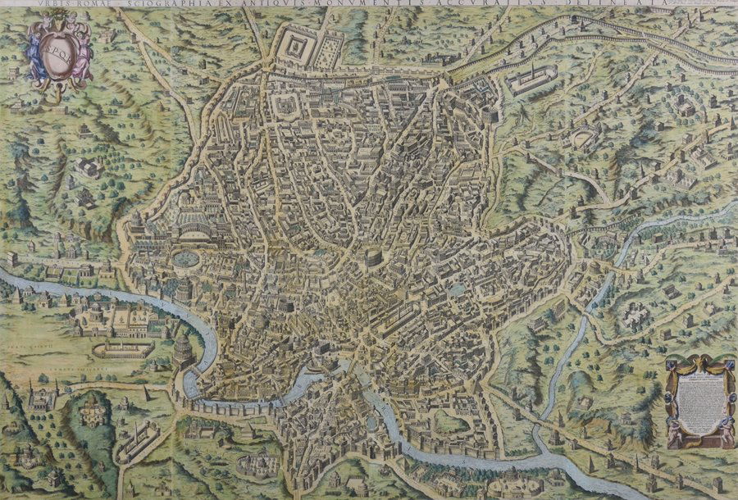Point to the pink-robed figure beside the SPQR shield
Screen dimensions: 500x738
[x=80, y=53]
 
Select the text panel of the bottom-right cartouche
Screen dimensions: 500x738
[x=699, y=402]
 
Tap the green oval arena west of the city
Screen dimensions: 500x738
[x=186, y=260]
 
